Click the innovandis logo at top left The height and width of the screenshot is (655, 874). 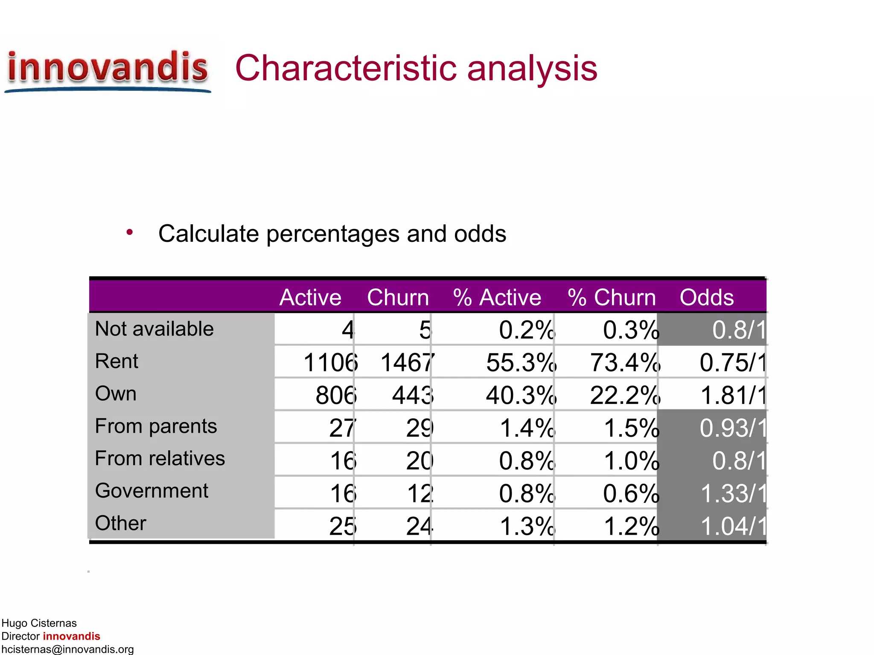pyautogui.click(x=108, y=70)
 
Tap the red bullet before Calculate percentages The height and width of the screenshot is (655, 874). pyautogui.click(x=130, y=232)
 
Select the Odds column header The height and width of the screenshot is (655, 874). pyautogui.click(x=706, y=297)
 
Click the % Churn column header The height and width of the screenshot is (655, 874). pyautogui.click(x=612, y=297)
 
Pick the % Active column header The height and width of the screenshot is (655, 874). pyautogui.click(x=497, y=297)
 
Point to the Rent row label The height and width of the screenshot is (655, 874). pyautogui.click(x=117, y=361)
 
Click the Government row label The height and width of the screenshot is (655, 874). pyautogui.click(x=151, y=491)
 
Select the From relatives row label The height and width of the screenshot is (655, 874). pyautogui.click(x=160, y=458)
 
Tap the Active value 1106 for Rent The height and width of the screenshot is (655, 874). pyautogui.click(x=330, y=363)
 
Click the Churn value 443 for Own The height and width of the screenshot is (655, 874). pyautogui.click(x=412, y=395)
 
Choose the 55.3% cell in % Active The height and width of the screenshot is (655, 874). pyautogui.click(x=521, y=363)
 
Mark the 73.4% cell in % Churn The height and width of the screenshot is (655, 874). pyautogui.click(x=625, y=363)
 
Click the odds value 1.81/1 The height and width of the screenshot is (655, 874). pyautogui.click(x=733, y=395)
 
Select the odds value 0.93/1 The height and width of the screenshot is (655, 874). pyautogui.click(x=733, y=428)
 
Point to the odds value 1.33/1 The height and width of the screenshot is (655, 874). pyautogui.click(x=733, y=493)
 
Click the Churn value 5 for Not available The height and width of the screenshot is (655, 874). pyautogui.click(x=425, y=330)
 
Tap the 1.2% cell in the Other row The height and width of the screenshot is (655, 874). pyautogui.click(x=631, y=526)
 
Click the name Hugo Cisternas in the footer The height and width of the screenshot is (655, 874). pyautogui.click(x=39, y=623)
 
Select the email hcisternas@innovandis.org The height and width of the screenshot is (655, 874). pyautogui.click(x=67, y=649)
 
